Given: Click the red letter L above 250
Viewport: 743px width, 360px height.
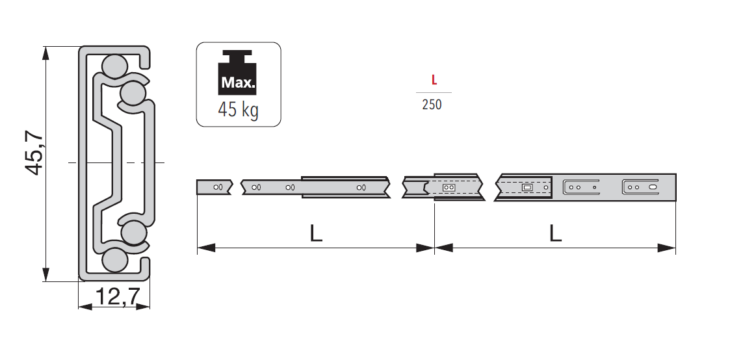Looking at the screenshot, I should click(x=434, y=81).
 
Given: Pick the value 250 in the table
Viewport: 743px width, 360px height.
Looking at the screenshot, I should click(x=432, y=105).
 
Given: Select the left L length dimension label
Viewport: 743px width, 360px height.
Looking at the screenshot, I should click(x=316, y=233).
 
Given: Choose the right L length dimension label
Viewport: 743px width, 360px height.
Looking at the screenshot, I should click(x=554, y=233).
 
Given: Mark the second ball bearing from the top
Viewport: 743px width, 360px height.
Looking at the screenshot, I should click(x=133, y=93).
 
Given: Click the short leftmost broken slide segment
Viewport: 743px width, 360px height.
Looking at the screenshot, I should click(x=214, y=187).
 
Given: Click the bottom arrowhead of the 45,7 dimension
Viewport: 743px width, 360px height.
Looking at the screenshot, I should click(x=46, y=275).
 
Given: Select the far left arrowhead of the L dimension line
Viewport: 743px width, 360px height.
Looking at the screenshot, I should click(x=205, y=248).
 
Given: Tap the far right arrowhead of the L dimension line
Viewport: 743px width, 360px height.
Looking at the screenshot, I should click(x=668, y=248).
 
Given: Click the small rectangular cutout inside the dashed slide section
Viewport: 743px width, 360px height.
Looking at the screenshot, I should click(x=527, y=187).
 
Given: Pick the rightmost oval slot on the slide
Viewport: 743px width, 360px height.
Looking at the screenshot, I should click(x=652, y=187).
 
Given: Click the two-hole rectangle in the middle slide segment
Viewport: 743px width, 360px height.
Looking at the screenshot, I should click(x=448, y=187).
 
